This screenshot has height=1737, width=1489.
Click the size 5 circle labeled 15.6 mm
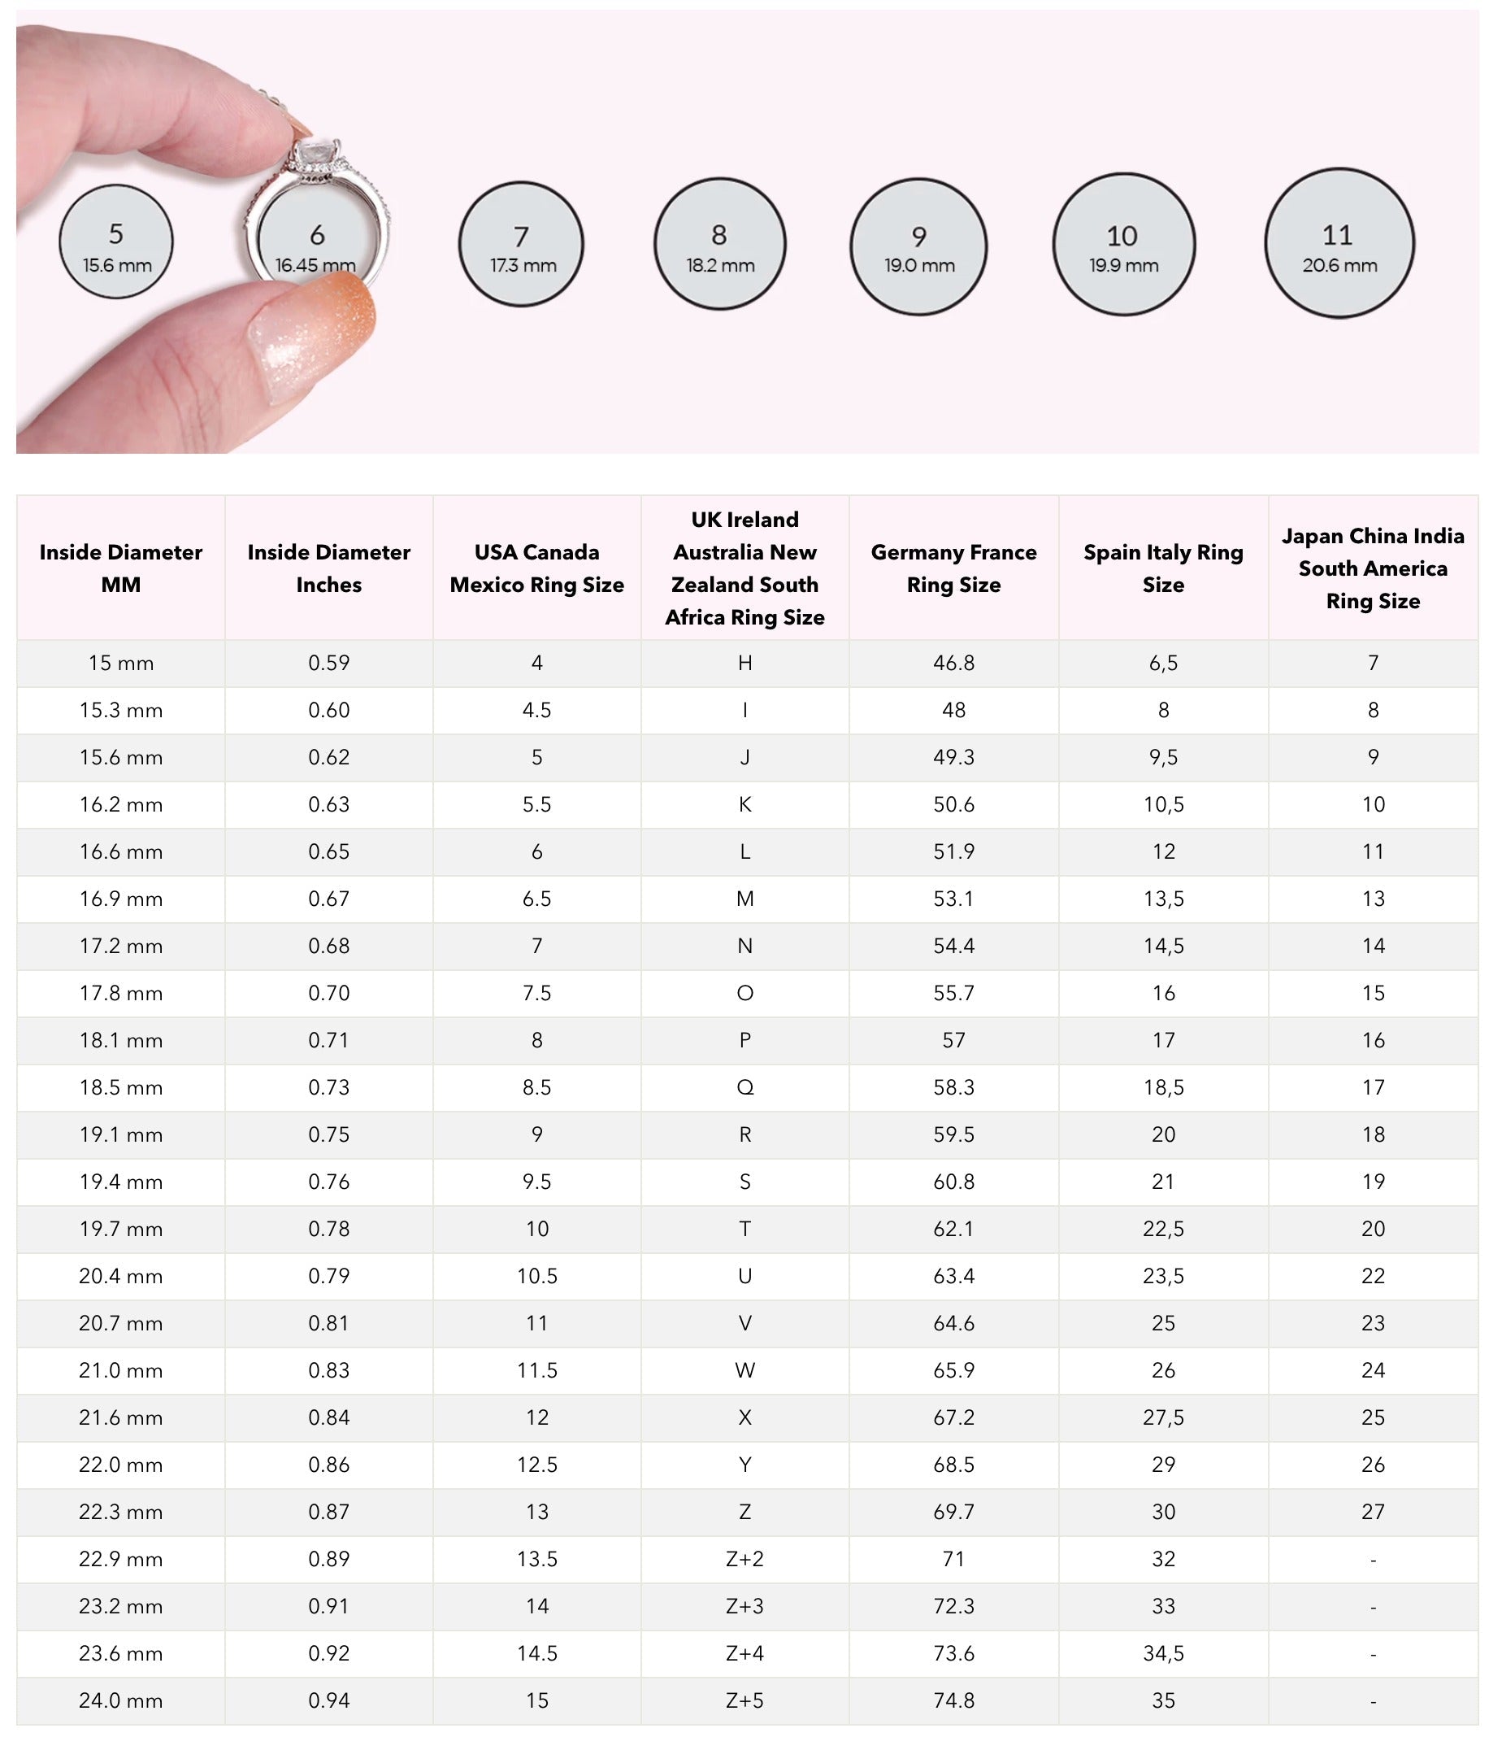coord(115,242)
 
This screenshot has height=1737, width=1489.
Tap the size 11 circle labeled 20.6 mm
coord(1339,244)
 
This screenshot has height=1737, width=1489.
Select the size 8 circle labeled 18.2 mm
coord(720,244)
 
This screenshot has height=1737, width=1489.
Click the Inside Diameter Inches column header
coord(328,568)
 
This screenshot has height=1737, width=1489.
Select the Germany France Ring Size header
coord(953,568)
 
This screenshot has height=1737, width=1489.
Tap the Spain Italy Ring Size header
coord(1163,568)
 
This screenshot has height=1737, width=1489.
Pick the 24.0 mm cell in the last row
coord(120,1701)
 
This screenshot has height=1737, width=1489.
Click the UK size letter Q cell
coord(745,1087)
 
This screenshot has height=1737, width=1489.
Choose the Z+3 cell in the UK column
coord(745,1606)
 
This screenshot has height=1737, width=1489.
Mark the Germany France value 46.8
coord(953,663)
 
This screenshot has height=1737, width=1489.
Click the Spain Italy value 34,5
coord(1163,1653)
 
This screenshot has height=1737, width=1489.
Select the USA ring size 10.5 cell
coord(537,1276)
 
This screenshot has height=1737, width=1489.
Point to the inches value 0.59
coord(328,663)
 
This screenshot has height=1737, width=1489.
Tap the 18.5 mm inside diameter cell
coord(120,1087)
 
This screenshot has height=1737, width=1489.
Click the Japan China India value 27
coord(1373,1512)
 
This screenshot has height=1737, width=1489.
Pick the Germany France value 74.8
coord(953,1701)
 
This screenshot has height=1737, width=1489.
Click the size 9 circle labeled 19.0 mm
coord(918,246)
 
